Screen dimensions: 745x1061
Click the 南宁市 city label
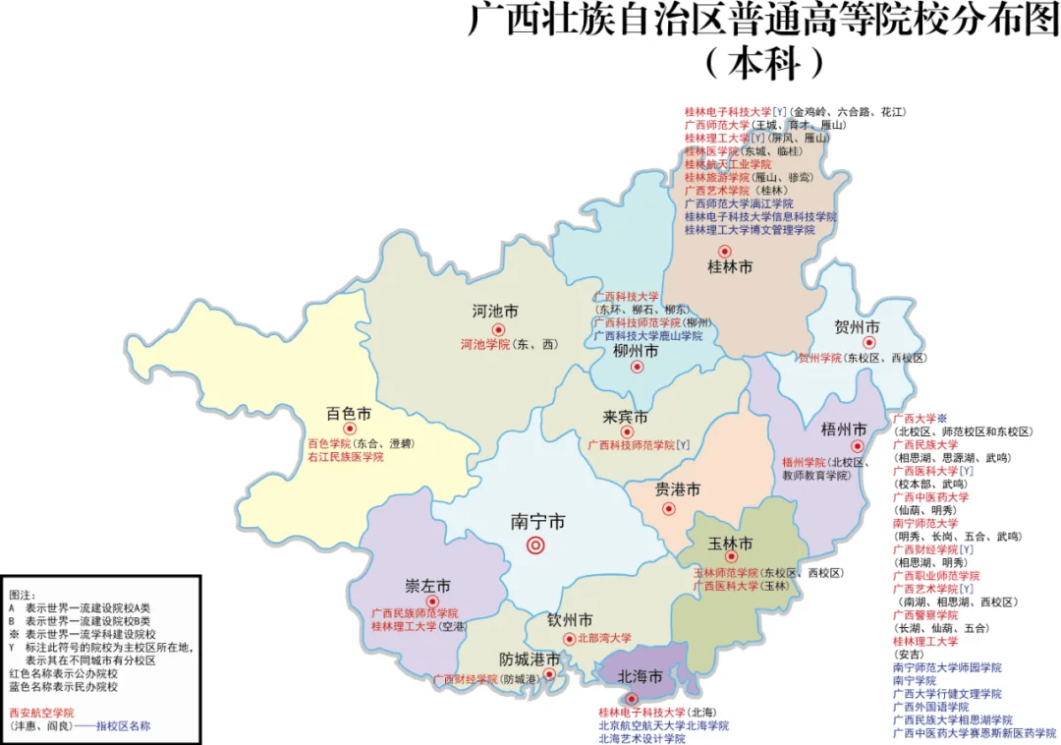click(537, 522)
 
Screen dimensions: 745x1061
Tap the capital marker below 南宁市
click(535, 545)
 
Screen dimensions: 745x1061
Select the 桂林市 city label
click(730, 267)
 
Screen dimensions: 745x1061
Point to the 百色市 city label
click(348, 415)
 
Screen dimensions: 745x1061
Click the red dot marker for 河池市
click(498, 329)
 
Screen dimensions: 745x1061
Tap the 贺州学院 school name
click(820, 359)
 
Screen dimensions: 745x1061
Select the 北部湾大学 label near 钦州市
click(604, 639)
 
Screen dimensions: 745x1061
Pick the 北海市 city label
click(640, 677)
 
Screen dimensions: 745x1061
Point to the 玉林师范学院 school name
click(726, 572)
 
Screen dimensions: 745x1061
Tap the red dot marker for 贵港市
click(669, 509)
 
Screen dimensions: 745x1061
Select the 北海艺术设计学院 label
click(642, 739)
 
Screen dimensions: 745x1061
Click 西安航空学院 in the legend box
click(41, 713)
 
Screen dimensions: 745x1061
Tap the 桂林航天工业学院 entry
click(728, 165)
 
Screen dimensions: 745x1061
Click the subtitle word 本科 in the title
click(764, 63)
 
